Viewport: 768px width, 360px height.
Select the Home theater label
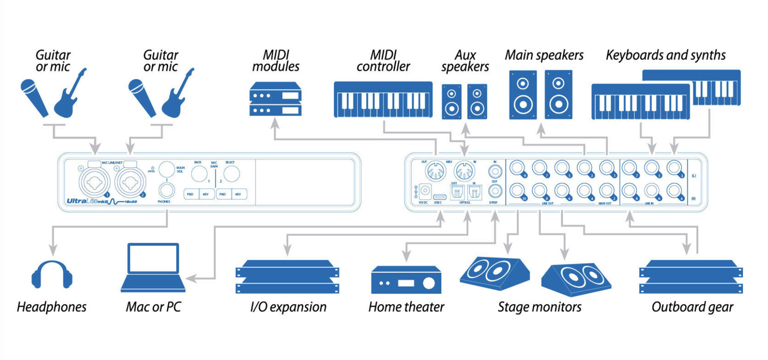[x=406, y=307]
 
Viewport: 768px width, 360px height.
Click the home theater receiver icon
[x=406, y=280]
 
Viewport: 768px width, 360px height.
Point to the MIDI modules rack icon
[x=275, y=99]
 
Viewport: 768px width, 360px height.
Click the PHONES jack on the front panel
[x=166, y=190]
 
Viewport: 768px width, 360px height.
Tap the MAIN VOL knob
[x=167, y=169]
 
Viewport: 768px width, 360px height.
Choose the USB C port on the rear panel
[x=439, y=197]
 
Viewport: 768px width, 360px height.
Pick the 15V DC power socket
[x=425, y=190]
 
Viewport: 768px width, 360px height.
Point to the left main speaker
[x=523, y=95]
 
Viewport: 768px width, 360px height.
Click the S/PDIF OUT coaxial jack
[x=495, y=190]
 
